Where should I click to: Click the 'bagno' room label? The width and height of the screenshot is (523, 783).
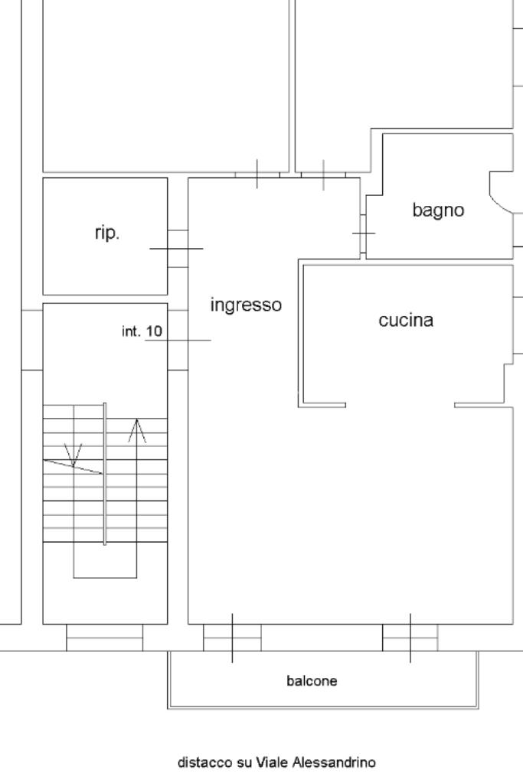point(438,210)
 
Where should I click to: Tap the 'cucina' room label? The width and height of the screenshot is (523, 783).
point(406,321)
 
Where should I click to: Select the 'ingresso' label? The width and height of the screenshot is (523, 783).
point(246,305)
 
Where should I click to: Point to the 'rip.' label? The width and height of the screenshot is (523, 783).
point(107,233)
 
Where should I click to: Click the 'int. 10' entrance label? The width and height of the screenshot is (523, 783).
point(142,331)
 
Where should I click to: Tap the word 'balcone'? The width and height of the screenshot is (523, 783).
point(312,680)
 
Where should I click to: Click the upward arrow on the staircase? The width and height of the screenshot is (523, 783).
point(136,432)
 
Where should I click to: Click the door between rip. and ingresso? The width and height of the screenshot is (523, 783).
point(178,248)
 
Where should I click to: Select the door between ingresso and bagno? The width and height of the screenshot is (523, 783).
point(363,232)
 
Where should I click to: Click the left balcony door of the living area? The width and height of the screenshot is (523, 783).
point(232,637)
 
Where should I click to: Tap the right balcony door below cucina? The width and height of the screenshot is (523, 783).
point(410,637)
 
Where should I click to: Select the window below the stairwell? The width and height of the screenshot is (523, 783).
point(104,638)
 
